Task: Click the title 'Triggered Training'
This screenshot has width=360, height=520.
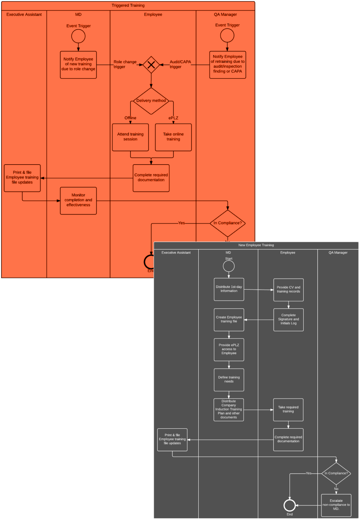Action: (x=128, y=6)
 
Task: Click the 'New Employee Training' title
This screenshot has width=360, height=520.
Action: (x=256, y=245)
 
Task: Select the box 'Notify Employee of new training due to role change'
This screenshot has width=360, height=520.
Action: (x=78, y=64)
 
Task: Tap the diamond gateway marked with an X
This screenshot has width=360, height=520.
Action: (x=151, y=64)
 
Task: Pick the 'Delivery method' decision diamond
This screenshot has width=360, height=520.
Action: (x=151, y=101)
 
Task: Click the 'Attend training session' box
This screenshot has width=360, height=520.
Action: (x=130, y=137)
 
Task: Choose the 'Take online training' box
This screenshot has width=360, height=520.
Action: (x=174, y=137)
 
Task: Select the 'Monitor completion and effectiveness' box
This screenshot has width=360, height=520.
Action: (x=78, y=200)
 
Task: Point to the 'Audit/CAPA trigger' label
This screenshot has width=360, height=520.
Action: (x=180, y=64)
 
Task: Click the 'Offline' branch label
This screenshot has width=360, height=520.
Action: (x=130, y=118)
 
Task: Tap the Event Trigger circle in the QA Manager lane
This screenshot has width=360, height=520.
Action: (x=227, y=36)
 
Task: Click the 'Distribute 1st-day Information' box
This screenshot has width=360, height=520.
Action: (x=229, y=289)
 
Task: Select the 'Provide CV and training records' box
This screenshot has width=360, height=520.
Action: (x=288, y=290)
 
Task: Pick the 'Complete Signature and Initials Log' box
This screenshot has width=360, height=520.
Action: (x=288, y=320)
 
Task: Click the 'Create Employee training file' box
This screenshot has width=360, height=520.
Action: (x=229, y=320)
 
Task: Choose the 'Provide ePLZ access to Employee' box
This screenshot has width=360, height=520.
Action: (x=229, y=349)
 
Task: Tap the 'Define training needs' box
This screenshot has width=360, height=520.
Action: (x=229, y=380)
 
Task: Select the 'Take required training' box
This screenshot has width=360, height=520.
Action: (x=288, y=410)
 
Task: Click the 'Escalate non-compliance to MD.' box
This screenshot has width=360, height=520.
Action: (x=336, y=505)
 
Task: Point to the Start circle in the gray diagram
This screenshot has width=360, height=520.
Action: (x=229, y=266)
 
